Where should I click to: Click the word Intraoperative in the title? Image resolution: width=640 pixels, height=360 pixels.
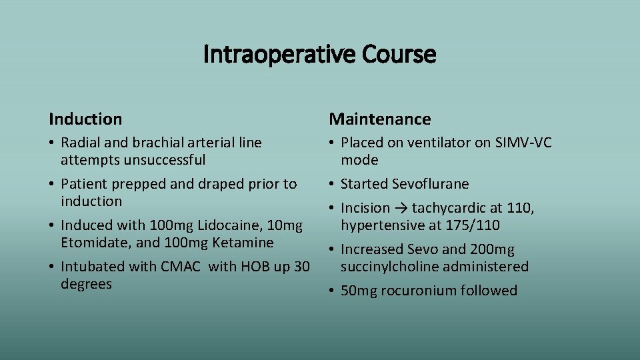(280, 55)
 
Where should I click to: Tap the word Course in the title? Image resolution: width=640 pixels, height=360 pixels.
(399, 55)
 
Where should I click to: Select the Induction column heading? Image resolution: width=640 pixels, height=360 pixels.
(85, 119)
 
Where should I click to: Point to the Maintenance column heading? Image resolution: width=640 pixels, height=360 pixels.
(380, 119)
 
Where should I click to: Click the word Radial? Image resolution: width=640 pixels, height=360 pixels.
(81, 143)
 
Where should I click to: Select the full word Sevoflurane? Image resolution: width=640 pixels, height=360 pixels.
(431, 184)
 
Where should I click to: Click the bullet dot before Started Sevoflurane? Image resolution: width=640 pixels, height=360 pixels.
(332, 184)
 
